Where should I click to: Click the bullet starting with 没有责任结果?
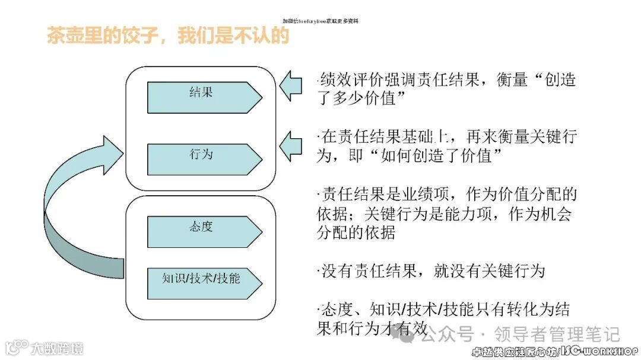click(x=431, y=271)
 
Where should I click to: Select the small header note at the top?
click(x=320, y=21)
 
